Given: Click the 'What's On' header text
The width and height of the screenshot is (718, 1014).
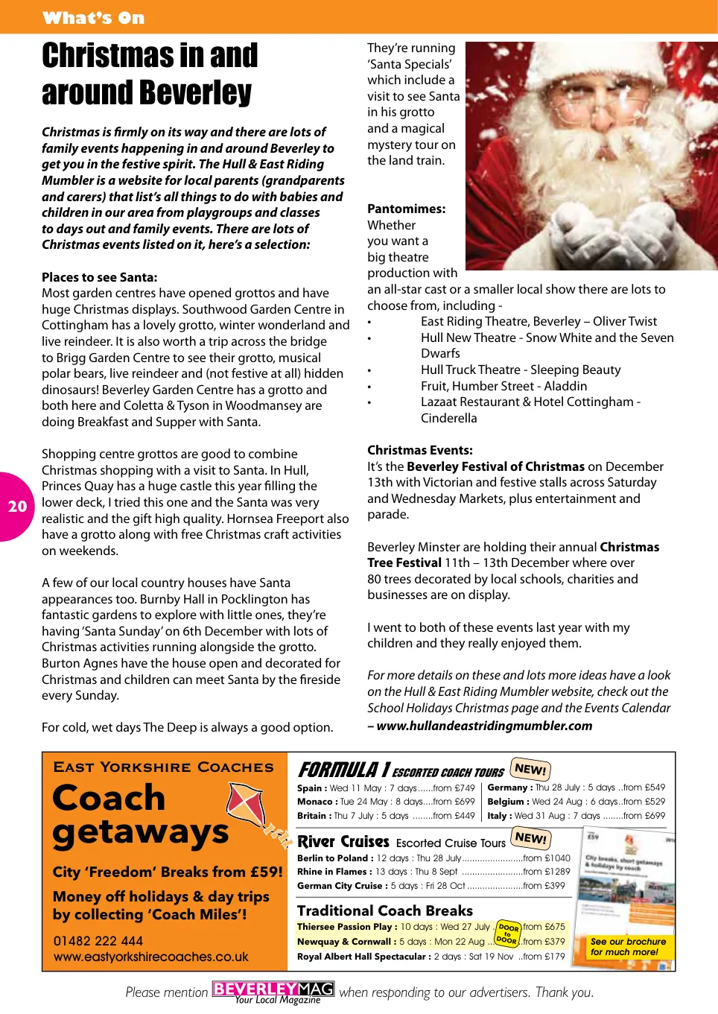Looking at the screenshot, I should coord(94,18).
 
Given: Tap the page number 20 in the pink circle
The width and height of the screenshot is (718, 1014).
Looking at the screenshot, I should coord(17,507).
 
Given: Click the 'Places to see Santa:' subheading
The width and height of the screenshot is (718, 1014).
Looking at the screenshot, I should coord(99,277).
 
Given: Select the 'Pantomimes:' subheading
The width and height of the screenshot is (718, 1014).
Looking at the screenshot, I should coord(406,209).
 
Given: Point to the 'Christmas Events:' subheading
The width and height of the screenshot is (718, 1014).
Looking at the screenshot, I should coord(419,450).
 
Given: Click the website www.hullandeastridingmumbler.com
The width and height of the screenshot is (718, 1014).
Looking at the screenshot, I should coord(484,726).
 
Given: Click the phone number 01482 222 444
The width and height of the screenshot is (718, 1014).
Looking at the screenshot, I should coord(98,941).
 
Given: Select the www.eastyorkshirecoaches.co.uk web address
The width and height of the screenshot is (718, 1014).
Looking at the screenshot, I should coord(150,957).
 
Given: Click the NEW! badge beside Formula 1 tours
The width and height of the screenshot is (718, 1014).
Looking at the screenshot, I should coord(530,770).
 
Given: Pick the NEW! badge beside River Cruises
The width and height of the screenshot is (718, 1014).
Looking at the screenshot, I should coord(530,838).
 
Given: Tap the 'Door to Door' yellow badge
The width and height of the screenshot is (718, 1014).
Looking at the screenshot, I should coord(508,934).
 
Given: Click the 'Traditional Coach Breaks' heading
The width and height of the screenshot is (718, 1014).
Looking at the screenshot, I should coord(384,910).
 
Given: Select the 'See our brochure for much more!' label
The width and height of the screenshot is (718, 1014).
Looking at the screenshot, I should coord(628,946).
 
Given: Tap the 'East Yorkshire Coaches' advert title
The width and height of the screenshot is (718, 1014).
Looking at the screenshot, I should coord(163,767).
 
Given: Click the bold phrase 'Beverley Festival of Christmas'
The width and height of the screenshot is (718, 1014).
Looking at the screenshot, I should coord(495,466).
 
